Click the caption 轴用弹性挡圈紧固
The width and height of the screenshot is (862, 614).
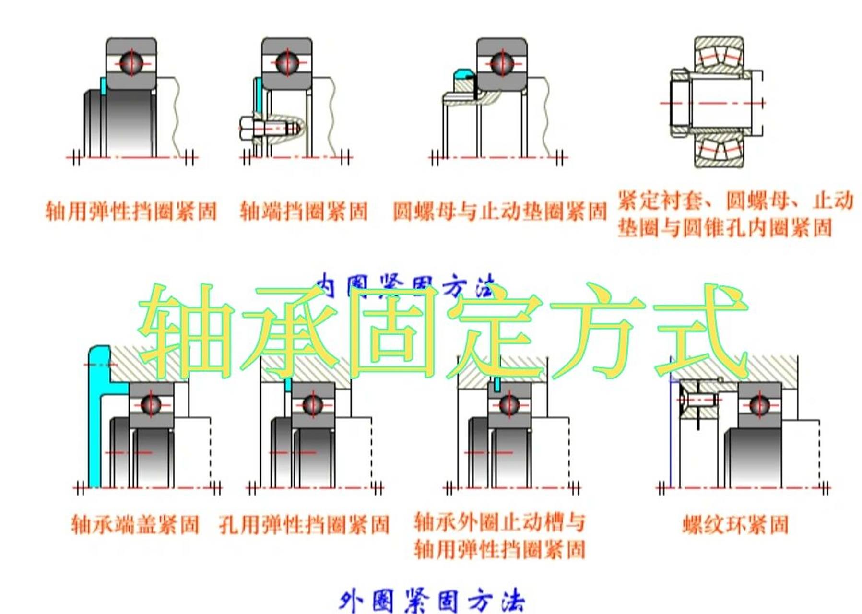click(x=131, y=212)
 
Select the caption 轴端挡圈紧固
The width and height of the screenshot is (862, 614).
click(x=304, y=212)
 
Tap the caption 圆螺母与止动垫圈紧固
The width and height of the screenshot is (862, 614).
click(x=500, y=212)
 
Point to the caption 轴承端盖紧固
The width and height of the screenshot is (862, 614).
click(x=135, y=524)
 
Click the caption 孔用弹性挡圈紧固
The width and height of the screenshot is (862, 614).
click(x=304, y=525)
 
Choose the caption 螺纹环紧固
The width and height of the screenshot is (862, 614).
click(x=735, y=525)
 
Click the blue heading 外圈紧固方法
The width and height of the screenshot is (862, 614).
click(x=432, y=601)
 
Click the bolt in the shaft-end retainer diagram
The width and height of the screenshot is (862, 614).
click(x=269, y=129)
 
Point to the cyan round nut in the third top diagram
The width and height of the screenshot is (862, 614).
click(x=463, y=74)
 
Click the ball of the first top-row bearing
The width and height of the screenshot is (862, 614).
click(x=131, y=63)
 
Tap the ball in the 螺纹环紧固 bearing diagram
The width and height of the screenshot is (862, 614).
click(x=759, y=405)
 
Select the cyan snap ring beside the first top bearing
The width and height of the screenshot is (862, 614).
click(x=103, y=86)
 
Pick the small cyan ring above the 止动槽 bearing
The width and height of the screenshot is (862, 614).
click(x=497, y=384)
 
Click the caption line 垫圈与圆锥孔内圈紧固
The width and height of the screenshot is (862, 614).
click(x=724, y=228)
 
